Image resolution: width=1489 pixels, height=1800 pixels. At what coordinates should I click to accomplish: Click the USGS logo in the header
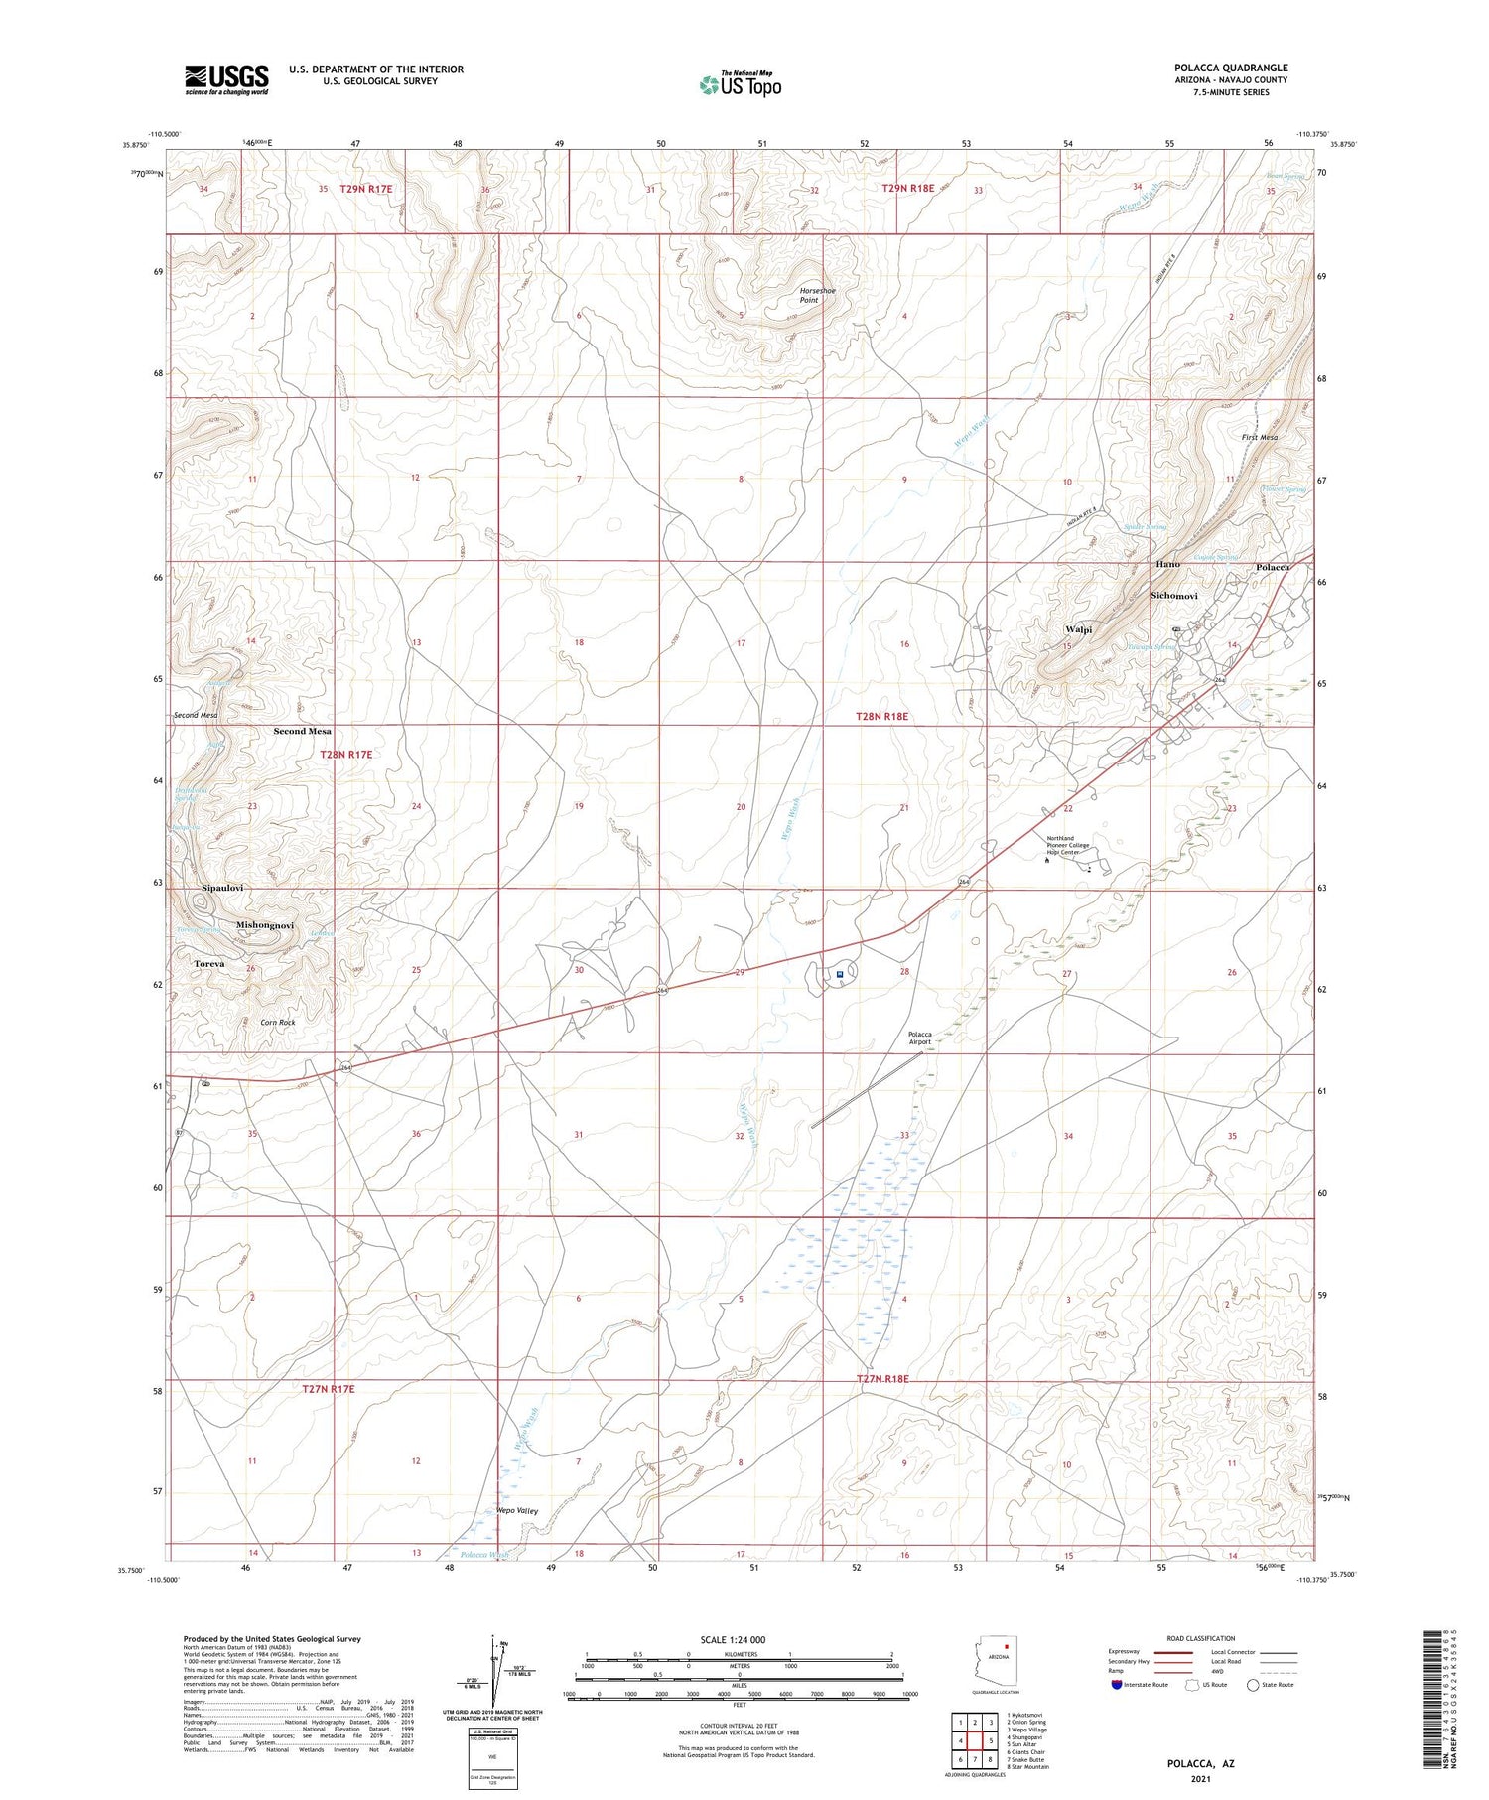coord(226,79)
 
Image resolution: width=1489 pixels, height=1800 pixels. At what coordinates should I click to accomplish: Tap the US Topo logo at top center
coord(741,84)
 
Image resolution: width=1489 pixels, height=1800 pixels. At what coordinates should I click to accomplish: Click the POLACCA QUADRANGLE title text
coord(1231,68)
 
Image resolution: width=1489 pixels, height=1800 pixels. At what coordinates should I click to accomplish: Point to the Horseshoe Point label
coord(818,295)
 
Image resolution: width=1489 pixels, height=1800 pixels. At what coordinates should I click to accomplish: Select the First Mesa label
coord(1259,437)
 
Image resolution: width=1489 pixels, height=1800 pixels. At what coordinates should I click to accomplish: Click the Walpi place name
coord(1078,629)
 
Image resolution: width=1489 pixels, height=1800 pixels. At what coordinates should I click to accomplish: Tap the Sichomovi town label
coord(1173,596)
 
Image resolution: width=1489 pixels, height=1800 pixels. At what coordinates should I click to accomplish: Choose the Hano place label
coord(1167,564)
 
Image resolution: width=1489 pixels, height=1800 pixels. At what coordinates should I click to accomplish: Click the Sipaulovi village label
coord(222,887)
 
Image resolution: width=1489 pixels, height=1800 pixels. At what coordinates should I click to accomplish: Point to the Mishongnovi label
coord(265,925)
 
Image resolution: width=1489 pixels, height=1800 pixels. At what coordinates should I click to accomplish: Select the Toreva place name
coord(208,964)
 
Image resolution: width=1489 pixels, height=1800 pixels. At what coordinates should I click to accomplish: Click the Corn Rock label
coord(278,1022)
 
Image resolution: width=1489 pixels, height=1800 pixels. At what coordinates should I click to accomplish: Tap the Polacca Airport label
coord(919,1038)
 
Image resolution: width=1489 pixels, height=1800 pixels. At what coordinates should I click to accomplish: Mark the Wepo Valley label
coord(517,1511)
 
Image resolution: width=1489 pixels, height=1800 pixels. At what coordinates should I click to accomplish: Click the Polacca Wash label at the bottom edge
coord(484,1554)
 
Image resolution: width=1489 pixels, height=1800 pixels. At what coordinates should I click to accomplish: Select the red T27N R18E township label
coord(882,1379)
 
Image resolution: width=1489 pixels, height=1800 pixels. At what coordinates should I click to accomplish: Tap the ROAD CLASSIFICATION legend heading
coord(1201,1638)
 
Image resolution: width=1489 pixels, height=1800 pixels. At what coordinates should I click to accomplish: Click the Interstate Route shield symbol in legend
coord(1117,1685)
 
